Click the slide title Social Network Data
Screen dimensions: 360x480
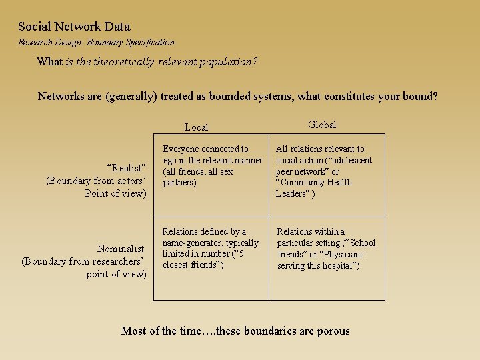pos(74,27)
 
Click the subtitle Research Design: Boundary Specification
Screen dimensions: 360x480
pos(96,43)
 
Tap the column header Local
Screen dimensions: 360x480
pos(196,127)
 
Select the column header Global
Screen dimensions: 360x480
pos(322,125)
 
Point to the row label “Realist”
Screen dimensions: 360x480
pos(126,168)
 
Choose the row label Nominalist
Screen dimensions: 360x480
pos(121,249)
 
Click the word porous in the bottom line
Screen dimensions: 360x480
pos(331,331)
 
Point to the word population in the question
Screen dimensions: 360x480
pos(231,62)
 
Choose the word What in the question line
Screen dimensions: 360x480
pos(49,62)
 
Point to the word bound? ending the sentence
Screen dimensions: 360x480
pos(420,96)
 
